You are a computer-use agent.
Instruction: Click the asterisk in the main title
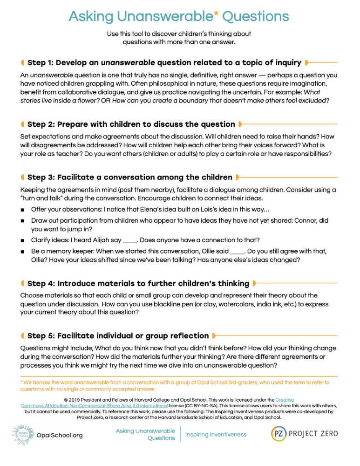(216, 14)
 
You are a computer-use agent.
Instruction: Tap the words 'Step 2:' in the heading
(41, 124)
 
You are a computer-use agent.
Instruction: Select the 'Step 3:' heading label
(41, 177)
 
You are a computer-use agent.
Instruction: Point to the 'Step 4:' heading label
(41, 283)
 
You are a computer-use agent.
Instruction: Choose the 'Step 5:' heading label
(41, 336)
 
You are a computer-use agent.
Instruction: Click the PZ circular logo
(279, 433)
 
